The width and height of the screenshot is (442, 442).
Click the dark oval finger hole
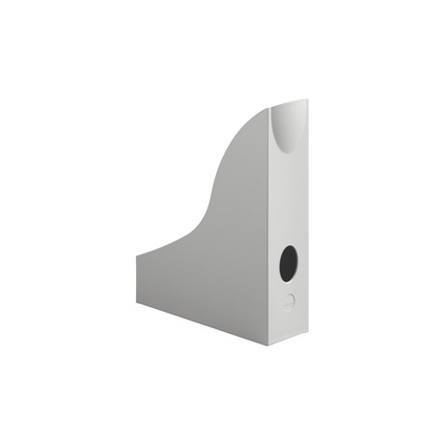[x=289, y=262]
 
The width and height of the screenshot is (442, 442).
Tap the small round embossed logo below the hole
[x=288, y=300]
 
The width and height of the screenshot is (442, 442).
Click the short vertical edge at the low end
[x=137, y=281]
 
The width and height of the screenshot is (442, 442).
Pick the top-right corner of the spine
[x=307, y=99]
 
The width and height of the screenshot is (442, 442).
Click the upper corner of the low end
[x=137, y=255]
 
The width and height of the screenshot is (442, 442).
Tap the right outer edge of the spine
[x=307, y=222]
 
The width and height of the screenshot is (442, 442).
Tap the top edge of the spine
[x=289, y=101]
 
